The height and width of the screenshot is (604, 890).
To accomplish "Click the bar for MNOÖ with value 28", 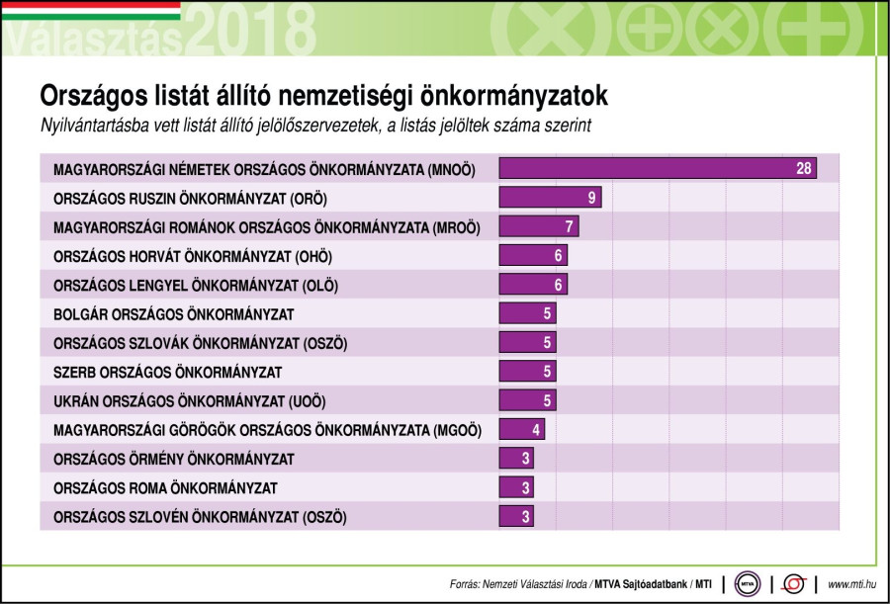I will [x=658, y=169].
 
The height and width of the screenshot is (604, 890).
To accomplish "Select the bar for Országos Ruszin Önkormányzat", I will [x=550, y=198].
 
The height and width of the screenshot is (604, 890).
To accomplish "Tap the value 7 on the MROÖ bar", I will [x=569, y=226].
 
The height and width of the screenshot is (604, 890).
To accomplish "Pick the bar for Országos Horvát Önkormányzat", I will [x=533, y=256].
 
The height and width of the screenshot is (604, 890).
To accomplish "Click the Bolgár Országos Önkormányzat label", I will [x=174, y=315].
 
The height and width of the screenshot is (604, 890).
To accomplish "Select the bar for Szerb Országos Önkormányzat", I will [x=527, y=373].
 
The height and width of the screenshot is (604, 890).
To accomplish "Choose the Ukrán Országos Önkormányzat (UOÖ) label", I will [x=189, y=401].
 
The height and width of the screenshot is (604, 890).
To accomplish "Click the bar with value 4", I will [x=521, y=430].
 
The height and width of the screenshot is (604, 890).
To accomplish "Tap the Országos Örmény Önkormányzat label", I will [x=173, y=459].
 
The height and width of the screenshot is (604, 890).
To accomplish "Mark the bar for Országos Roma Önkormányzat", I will [x=516, y=487].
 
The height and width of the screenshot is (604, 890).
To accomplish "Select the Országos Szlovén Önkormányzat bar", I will [x=516, y=516].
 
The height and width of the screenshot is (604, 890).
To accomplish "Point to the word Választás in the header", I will [x=93, y=39].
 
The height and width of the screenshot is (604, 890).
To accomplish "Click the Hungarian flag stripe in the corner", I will [x=90, y=10].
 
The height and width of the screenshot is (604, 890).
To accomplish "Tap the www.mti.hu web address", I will [x=851, y=584].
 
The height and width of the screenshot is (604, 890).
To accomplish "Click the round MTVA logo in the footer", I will [x=748, y=583].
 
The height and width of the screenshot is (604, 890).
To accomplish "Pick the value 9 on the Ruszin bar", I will [x=591, y=198].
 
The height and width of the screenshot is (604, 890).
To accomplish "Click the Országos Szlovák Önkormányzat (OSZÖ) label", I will [x=201, y=344].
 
